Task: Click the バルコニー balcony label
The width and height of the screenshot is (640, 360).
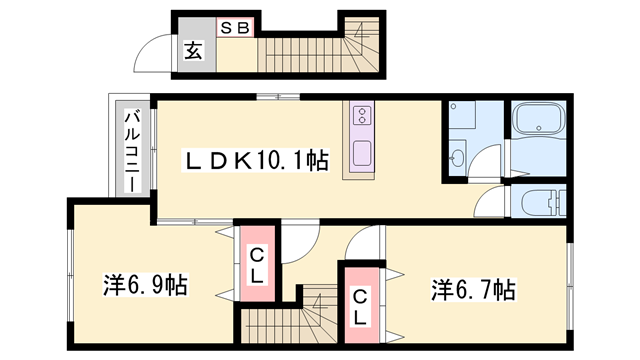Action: pyautogui.click(x=131, y=150)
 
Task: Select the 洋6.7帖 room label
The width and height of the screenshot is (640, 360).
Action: pyautogui.click(x=474, y=290)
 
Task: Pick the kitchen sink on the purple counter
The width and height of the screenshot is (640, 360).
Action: pyautogui.click(x=360, y=155)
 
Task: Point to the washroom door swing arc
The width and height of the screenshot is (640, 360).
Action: pyautogui.click(x=487, y=160)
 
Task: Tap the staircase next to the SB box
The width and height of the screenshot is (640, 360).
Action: pyautogui.click(x=310, y=49)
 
